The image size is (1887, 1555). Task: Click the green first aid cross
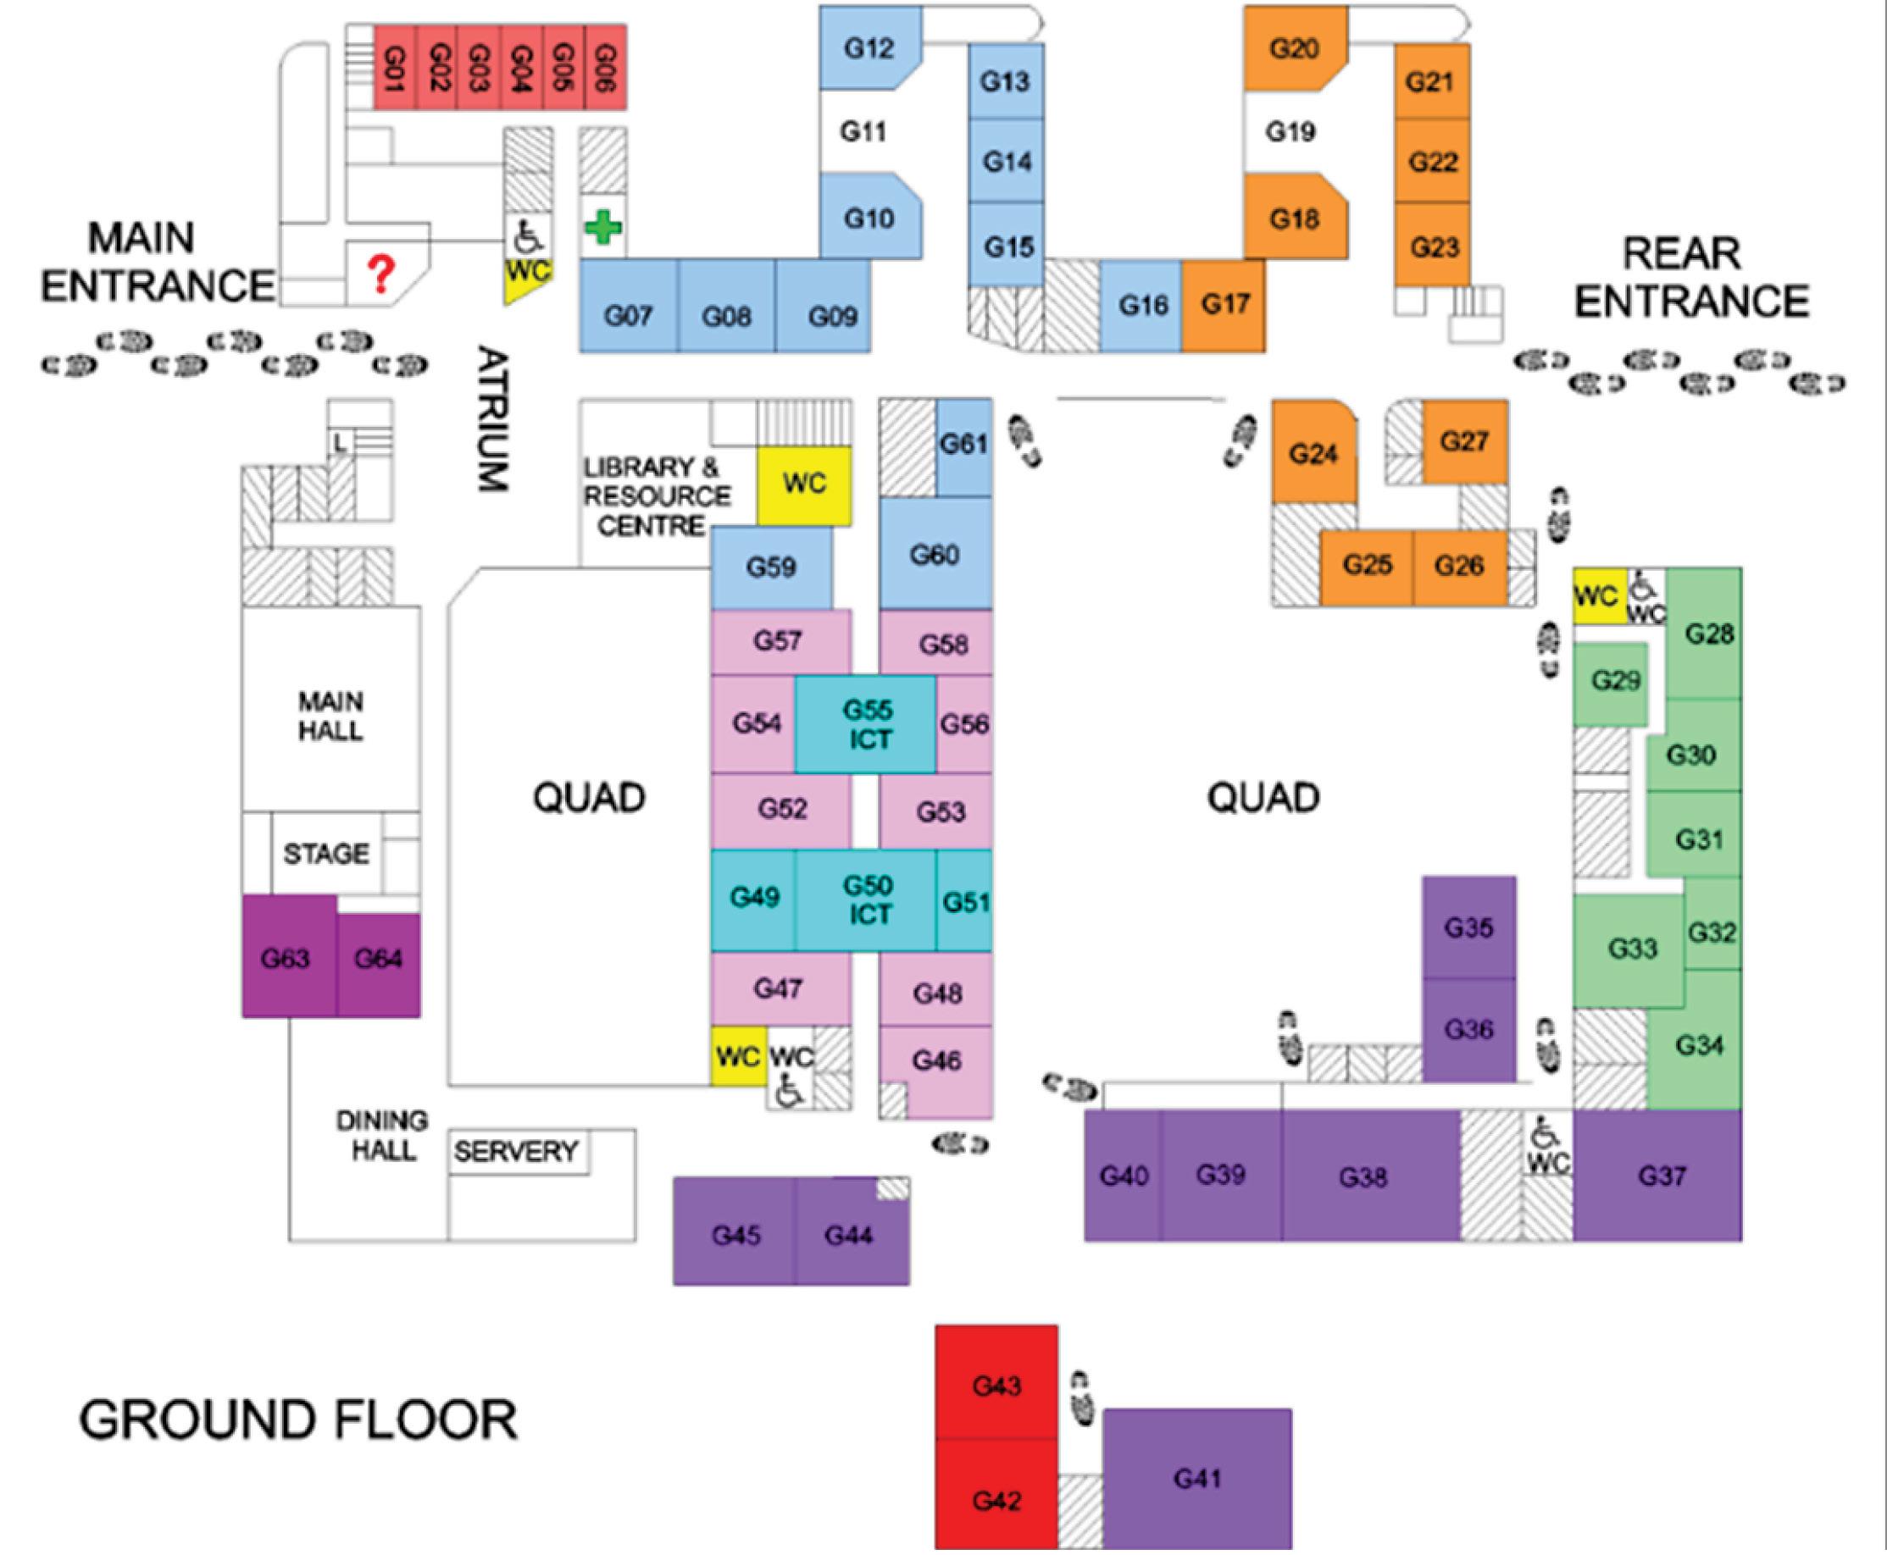pos(603,228)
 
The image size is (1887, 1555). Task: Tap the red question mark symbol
pos(381,274)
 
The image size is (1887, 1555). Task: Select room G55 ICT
pos(867,724)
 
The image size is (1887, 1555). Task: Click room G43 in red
pos(996,1386)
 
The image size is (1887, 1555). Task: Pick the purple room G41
pos(1197,1478)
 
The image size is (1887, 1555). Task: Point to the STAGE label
pos(326,854)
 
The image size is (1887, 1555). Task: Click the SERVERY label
pos(516,1151)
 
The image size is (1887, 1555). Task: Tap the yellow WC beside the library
pos(804,484)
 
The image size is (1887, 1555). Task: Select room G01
pos(394,68)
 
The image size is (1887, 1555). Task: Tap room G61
pos(963,445)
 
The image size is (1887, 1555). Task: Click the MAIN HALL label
pos(330,716)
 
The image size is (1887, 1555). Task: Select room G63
pos(286,959)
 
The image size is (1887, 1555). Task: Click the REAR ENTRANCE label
pos(1690,278)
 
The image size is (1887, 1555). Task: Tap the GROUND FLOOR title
pos(298,1419)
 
